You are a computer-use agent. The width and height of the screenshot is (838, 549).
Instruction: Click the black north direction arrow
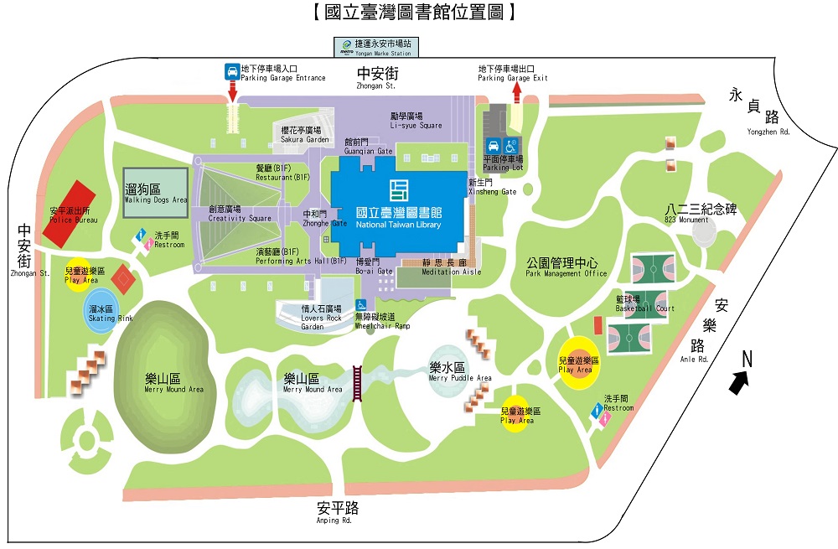(x=738, y=382)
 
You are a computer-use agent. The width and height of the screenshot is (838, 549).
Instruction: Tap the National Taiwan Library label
(x=398, y=216)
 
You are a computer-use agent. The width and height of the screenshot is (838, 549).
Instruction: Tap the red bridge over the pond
(x=358, y=386)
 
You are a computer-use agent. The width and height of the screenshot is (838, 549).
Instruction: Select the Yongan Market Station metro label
(x=375, y=47)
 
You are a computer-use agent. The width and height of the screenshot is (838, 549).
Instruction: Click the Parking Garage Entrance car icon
(x=230, y=72)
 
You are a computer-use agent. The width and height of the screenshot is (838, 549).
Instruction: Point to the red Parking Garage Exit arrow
(x=517, y=91)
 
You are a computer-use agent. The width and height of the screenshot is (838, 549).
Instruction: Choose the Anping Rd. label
(x=338, y=512)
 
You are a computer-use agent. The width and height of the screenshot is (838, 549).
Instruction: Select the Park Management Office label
(x=566, y=267)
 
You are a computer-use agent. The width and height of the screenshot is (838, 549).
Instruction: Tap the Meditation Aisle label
(x=453, y=267)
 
